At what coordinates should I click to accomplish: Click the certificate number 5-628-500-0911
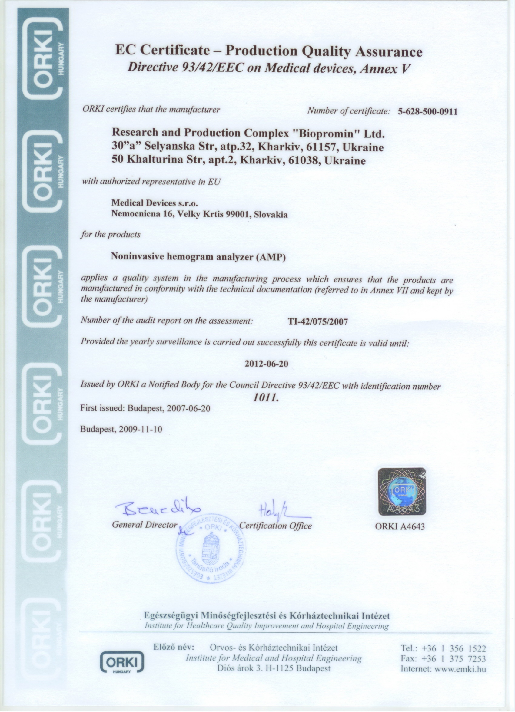427,112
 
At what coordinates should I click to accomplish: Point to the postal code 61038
304,161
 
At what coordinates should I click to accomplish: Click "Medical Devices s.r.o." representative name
155,203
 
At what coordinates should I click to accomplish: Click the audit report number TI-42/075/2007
318,321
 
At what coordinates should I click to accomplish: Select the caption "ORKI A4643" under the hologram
400,526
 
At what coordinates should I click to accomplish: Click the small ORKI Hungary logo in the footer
122,661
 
